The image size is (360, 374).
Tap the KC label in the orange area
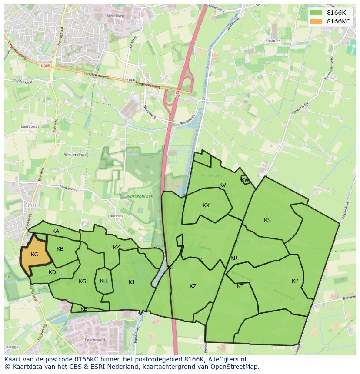pos(35,255)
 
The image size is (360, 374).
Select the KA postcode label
pos(56,231)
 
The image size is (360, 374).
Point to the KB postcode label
pos(60,249)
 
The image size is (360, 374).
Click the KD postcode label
pos(52,272)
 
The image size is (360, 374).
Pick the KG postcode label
pos(82,281)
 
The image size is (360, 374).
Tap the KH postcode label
pos(103,281)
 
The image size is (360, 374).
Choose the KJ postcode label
pos(132,282)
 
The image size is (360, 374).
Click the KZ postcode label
pos(193,286)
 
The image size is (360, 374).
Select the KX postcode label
pos(206,205)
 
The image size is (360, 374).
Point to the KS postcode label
pos(267,220)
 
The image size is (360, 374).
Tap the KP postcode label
pos(295,281)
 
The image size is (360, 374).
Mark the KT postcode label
pos(240,286)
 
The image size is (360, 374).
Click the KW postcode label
pos(245,180)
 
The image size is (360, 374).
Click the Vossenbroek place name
pos(140,196)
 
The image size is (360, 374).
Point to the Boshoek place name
pos(273,41)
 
